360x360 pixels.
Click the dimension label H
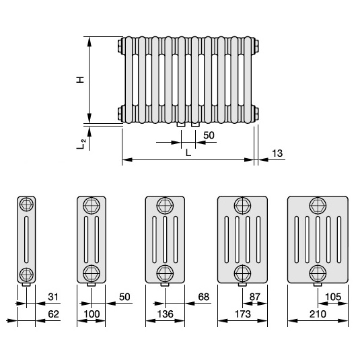(80, 79)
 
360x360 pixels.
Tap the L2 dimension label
(81, 144)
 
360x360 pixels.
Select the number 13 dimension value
(277, 153)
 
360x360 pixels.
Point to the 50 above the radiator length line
(209, 135)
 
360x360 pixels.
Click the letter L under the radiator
(188, 153)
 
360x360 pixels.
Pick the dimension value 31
(53, 297)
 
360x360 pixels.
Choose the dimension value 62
(53, 314)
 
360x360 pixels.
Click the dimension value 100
(92, 314)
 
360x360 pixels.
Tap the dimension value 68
(204, 297)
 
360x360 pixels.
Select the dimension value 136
(166, 314)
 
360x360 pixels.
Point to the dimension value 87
(255, 297)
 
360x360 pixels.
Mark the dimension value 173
(243, 314)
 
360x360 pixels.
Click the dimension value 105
(333, 297)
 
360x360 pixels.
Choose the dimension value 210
(318, 314)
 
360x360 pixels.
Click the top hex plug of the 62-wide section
(26, 204)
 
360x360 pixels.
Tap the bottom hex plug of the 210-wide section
(318, 273)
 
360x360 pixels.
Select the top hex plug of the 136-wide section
(165, 205)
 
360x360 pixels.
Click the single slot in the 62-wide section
(26, 240)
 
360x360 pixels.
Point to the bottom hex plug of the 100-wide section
(92, 273)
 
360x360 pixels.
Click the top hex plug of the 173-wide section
(242, 205)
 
